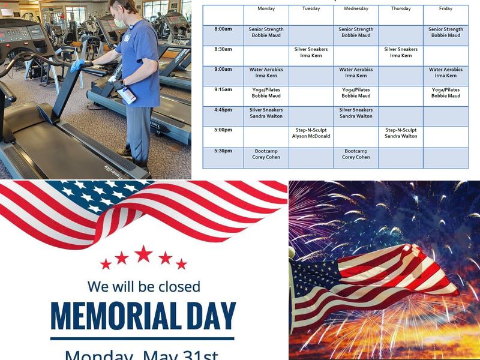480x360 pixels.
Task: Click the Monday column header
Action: pyautogui.click(x=266, y=9)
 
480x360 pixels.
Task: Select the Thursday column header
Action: pyautogui.click(x=401, y=9)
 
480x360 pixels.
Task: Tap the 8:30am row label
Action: pyautogui.click(x=223, y=49)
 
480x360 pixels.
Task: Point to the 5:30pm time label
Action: pyautogui.click(x=223, y=151)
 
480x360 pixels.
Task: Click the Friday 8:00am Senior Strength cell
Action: pyautogui.click(x=445, y=32)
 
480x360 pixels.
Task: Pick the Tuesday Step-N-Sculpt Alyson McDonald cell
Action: pyautogui.click(x=311, y=133)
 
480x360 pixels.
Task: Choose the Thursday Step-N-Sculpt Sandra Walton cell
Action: pyautogui.click(x=401, y=133)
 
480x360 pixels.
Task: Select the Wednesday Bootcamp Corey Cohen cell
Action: pyautogui.click(x=356, y=154)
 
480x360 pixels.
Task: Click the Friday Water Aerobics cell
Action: pyautogui.click(x=445, y=73)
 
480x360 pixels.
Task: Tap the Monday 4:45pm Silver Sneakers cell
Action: pyautogui.click(x=266, y=113)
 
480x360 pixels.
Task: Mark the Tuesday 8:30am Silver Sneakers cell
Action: pyautogui.click(x=311, y=52)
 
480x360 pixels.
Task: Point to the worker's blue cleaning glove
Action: pyautogui.click(x=77, y=65)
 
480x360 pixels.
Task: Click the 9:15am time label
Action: pyautogui.click(x=223, y=89)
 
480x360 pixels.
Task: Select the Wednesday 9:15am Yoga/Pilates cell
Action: pyautogui.click(x=356, y=93)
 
